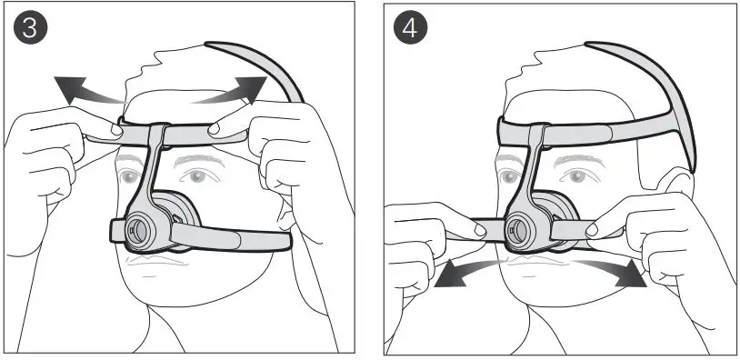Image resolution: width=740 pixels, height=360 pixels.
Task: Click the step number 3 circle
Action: tap(29, 27)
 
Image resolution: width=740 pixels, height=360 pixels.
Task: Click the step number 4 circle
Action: tap(409, 27)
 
